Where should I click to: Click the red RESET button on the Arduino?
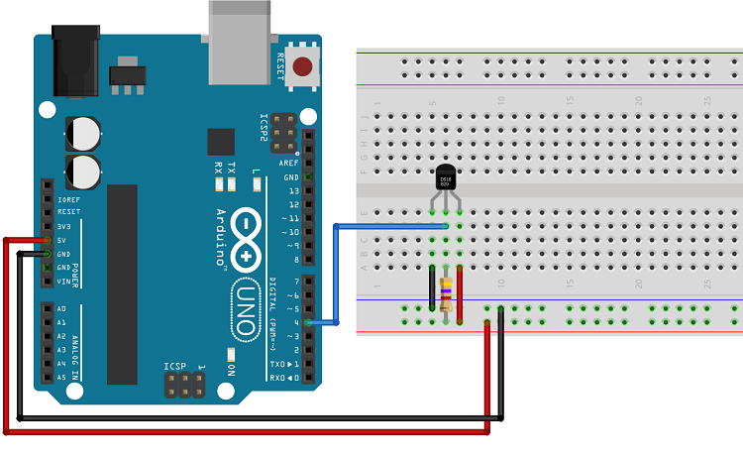[x=303, y=67]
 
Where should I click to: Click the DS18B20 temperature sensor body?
[x=447, y=178]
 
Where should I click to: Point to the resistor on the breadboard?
[x=447, y=294]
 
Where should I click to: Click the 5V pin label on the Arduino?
[x=63, y=240]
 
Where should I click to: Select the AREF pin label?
[x=289, y=163]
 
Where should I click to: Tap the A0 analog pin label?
[x=61, y=308]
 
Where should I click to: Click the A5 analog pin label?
[x=61, y=378]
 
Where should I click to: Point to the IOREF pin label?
[x=68, y=199]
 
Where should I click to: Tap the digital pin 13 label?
[x=292, y=190]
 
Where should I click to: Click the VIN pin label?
[x=64, y=282]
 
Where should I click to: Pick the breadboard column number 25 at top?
[x=707, y=101]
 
